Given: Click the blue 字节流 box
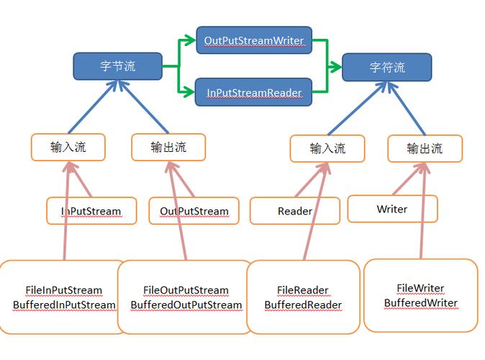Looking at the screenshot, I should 117,66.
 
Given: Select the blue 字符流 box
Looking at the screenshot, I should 387,67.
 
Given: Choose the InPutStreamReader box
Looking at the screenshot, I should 254,92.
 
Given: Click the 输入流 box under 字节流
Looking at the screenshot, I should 68,147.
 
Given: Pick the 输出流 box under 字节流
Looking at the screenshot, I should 168,147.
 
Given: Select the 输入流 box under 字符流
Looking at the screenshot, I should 327,148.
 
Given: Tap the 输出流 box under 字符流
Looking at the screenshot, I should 425,148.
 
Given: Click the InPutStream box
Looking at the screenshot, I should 91,211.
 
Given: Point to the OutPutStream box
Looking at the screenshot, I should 194,211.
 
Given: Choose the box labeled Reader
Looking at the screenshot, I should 295,211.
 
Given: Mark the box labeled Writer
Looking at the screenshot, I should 392,209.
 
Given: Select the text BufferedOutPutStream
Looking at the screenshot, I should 186,305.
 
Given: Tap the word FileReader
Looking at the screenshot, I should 302,290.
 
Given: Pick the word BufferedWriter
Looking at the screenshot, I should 421,302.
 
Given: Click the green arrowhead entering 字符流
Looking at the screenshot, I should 335,66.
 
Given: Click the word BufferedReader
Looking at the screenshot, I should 303,305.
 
